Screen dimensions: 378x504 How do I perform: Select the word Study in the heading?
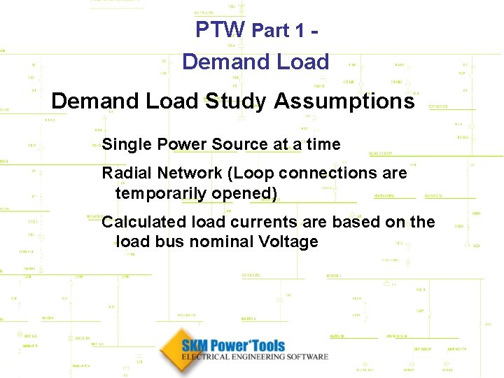point(235,101)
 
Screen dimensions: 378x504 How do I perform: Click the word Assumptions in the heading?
point(344,101)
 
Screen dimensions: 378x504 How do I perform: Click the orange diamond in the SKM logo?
point(173,350)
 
